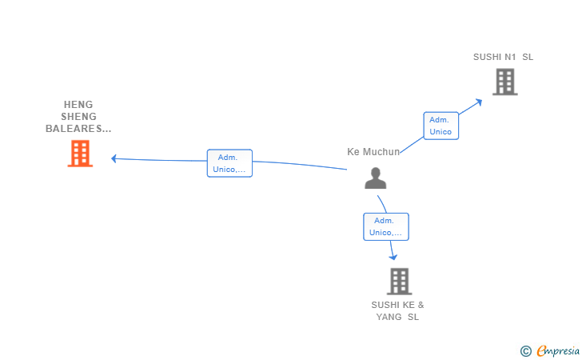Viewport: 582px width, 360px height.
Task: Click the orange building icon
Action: tap(80, 154)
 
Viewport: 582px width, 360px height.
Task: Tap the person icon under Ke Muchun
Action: tap(375, 178)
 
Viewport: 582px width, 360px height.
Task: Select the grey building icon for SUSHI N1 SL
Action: tap(505, 82)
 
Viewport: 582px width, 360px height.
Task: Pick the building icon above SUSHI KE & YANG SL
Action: tap(400, 282)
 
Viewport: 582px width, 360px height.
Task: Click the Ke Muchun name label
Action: tap(373, 152)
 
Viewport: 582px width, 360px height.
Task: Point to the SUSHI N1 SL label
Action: tap(503, 57)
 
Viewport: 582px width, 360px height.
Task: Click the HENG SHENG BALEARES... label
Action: tap(78, 116)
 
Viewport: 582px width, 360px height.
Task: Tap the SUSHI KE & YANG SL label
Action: tap(397, 311)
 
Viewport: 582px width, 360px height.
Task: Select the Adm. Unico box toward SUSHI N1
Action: tap(441, 126)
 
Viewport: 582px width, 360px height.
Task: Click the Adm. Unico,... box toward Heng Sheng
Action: tap(229, 163)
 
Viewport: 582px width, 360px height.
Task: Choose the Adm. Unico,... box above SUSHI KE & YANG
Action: tap(386, 226)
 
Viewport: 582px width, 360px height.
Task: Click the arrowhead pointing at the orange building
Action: tap(114, 158)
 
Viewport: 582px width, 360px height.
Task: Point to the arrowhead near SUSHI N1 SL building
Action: tap(479, 102)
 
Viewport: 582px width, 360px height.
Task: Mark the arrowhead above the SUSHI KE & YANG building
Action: tap(393, 257)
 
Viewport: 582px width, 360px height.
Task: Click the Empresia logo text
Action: tap(558, 350)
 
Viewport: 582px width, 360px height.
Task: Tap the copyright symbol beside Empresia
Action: tap(526, 351)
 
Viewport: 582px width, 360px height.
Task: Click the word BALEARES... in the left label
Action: tap(78, 129)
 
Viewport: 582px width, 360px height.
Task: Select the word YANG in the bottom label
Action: tap(389, 317)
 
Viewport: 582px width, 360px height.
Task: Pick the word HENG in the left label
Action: tap(78, 104)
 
